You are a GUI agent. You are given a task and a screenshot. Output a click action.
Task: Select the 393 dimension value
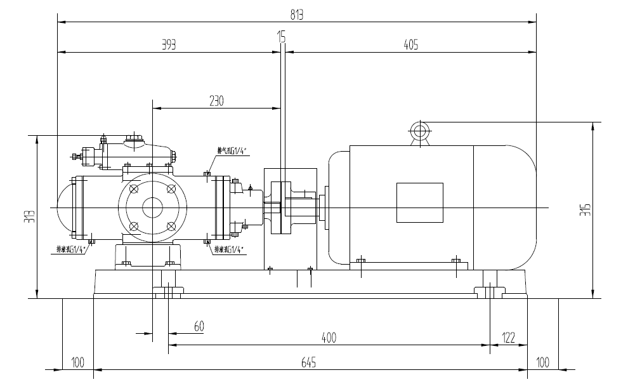(168, 45)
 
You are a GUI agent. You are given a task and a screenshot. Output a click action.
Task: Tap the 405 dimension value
(410, 45)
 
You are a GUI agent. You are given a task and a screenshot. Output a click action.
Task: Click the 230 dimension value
(216, 101)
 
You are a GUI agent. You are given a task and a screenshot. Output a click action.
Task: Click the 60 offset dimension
(199, 326)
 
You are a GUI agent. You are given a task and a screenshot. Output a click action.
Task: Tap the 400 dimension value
(329, 337)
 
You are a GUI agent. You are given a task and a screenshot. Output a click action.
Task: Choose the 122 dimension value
(507, 337)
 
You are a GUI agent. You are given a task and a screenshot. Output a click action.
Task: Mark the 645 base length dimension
(309, 362)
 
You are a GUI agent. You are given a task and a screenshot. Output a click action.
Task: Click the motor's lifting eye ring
(419, 131)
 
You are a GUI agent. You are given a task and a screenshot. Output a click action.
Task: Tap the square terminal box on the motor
(419, 202)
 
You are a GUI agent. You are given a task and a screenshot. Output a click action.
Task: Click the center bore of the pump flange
(152, 208)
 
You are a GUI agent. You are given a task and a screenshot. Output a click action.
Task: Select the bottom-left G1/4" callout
(71, 249)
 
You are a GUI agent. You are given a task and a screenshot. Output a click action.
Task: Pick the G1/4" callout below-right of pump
(229, 249)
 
